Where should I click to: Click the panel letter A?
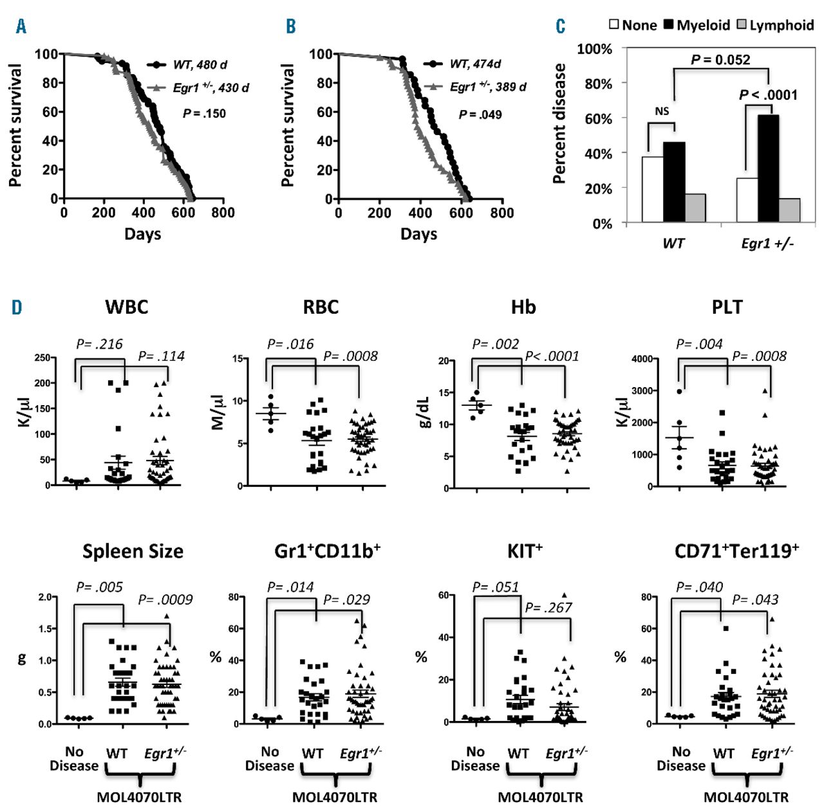pyautogui.click(x=21, y=26)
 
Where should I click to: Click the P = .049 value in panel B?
pyautogui.click(x=480, y=114)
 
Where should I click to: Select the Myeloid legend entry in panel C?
pyautogui.click(x=697, y=25)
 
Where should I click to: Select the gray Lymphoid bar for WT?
pyautogui.click(x=695, y=208)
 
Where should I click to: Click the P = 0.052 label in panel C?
pyautogui.click(x=720, y=60)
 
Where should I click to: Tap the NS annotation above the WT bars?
pyautogui.click(x=662, y=111)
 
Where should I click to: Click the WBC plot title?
pyautogui.click(x=127, y=307)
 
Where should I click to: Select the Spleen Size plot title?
pyautogui.click(x=133, y=551)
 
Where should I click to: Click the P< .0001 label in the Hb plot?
pyautogui.click(x=552, y=356)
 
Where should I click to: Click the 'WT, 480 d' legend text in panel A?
pyautogui.click(x=200, y=65)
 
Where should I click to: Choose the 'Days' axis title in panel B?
pyautogui.click(x=418, y=233)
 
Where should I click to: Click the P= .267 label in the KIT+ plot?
pyautogui.click(x=548, y=607)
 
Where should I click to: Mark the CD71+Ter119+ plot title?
pyautogui.click(x=736, y=551)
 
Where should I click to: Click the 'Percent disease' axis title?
pyautogui.click(x=560, y=123)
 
